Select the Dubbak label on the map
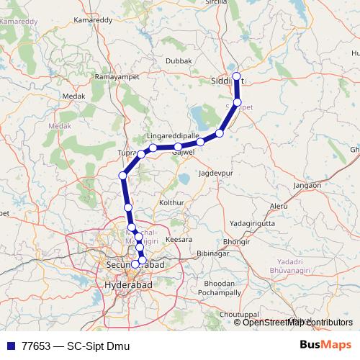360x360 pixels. [x=178, y=61]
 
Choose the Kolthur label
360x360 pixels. [x=172, y=204]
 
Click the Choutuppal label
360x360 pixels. [x=239, y=315]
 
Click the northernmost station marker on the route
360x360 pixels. [x=236, y=76]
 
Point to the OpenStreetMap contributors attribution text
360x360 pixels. [x=297, y=322]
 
